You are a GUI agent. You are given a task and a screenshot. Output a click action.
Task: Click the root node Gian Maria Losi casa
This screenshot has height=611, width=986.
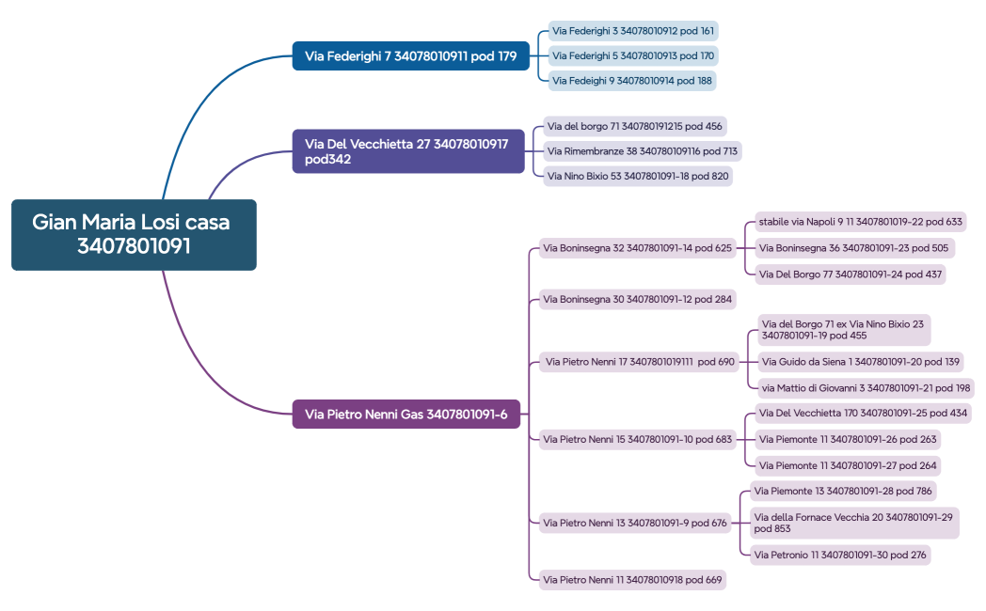tap(133, 234)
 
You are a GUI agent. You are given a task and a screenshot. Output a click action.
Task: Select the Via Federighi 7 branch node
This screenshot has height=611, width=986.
tap(410, 56)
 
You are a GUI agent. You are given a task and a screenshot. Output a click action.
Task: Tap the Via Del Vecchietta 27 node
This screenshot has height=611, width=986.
tap(407, 151)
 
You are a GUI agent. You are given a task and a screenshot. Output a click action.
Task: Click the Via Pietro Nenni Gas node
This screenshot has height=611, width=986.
tap(406, 414)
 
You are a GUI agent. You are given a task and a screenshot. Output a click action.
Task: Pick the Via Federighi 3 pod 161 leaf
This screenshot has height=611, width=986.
tap(632, 31)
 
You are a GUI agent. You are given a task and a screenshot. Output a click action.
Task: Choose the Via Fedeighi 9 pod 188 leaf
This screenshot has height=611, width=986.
tap(631, 81)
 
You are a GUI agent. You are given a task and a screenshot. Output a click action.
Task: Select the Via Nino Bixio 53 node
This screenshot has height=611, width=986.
tap(637, 176)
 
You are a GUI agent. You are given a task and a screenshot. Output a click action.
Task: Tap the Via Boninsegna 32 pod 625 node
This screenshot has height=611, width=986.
tap(637, 249)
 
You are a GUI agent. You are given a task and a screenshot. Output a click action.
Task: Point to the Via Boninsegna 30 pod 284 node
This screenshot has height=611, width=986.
tap(637, 300)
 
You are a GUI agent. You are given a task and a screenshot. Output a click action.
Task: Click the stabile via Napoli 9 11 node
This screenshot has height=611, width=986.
tap(860, 223)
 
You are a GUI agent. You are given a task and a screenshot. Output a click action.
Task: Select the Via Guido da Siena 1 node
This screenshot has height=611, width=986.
tap(861, 362)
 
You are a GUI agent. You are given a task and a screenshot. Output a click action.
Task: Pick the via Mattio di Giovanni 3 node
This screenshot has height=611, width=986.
tap(865, 388)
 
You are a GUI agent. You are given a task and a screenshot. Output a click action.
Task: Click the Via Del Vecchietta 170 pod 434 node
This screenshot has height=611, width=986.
tap(863, 414)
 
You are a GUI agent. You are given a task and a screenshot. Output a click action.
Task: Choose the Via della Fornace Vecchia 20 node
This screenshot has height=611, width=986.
tap(853, 523)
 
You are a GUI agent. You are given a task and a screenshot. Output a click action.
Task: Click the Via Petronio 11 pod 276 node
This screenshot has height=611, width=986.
tap(839, 556)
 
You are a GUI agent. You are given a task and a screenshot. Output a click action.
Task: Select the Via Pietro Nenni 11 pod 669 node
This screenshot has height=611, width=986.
tap(632, 580)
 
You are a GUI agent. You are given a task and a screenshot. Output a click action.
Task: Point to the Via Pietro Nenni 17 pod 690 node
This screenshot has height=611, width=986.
tap(639, 362)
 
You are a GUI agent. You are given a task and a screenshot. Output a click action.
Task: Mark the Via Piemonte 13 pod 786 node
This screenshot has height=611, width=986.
tap(842, 491)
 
